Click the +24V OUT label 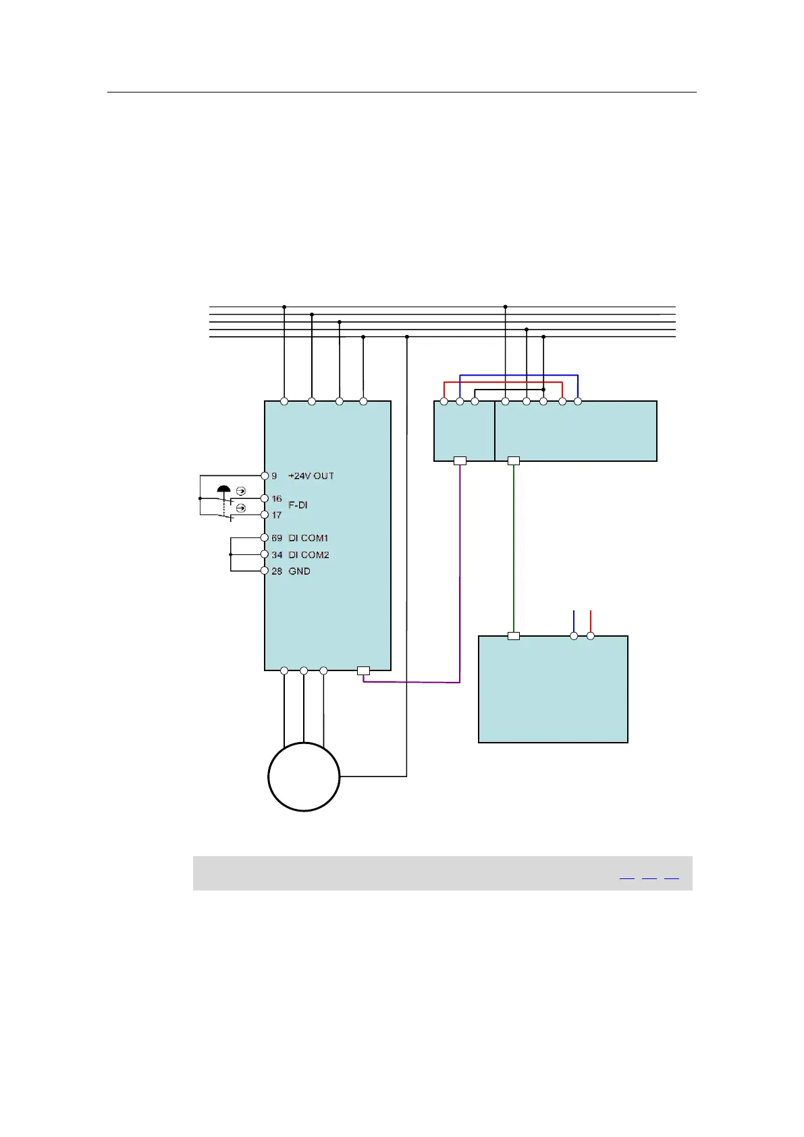pyautogui.click(x=311, y=476)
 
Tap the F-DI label pyautogui.click(x=298, y=505)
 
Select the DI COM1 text pyautogui.click(x=309, y=538)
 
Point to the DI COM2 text pyautogui.click(x=309, y=555)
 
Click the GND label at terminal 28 pyautogui.click(x=300, y=571)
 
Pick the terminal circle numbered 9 pyautogui.click(x=265, y=476)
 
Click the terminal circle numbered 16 pyautogui.click(x=265, y=498)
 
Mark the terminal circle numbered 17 pyautogui.click(x=265, y=515)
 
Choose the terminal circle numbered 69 pyautogui.click(x=265, y=538)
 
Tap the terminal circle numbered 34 pyautogui.click(x=265, y=554)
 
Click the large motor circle pyautogui.click(x=304, y=776)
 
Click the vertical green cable pyautogui.click(x=514, y=547)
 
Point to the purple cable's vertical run pyautogui.click(x=460, y=574)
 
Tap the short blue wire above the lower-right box pyautogui.click(x=574, y=621)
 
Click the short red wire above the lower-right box pyautogui.click(x=591, y=621)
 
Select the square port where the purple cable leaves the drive pyautogui.click(x=363, y=671)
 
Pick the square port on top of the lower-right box pyautogui.click(x=514, y=636)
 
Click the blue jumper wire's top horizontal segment pyautogui.click(x=518, y=375)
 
